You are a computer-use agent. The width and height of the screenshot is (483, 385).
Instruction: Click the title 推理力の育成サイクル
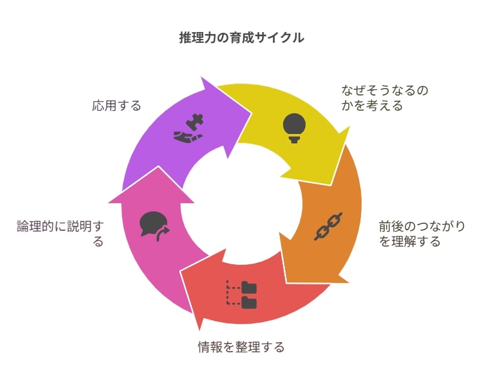click(x=241, y=38)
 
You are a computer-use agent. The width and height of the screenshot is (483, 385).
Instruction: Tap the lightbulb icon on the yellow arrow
click(x=294, y=128)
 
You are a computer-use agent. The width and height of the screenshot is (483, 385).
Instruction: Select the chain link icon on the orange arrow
click(x=328, y=226)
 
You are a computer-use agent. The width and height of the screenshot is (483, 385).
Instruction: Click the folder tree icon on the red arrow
click(x=241, y=294)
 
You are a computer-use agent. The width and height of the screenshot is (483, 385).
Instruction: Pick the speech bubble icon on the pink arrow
click(x=154, y=226)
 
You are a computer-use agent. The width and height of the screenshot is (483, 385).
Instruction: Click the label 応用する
click(x=116, y=106)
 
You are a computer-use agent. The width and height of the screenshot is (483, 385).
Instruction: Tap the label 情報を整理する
click(x=241, y=347)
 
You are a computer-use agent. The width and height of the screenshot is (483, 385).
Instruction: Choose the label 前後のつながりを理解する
click(x=422, y=234)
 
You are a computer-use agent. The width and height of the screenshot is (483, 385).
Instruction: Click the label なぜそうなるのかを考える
click(x=385, y=98)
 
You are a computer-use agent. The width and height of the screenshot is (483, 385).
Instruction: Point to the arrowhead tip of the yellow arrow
click(x=331, y=185)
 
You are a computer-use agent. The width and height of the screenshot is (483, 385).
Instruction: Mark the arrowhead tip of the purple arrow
click(x=252, y=113)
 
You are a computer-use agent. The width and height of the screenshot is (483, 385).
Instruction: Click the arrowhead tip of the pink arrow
click(x=158, y=167)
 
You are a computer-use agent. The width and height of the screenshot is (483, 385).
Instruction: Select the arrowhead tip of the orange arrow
click(x=287, y=282)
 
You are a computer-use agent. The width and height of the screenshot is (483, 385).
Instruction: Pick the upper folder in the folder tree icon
click(x=249, y=287)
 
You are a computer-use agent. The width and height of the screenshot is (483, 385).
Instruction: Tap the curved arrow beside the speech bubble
click(x=163, y=234)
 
